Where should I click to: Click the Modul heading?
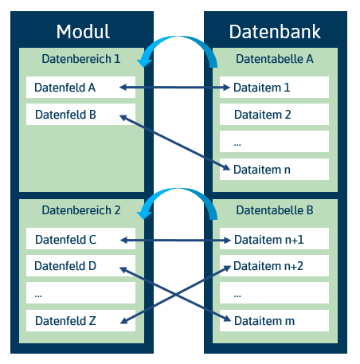[x=83, y=32]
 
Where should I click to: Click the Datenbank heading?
[x=275, y=32]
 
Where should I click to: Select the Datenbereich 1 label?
[x=81, y=59]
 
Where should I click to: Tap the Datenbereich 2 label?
[x=81, y=210]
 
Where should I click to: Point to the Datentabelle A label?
[x=275, y=59]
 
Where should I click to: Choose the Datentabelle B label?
[x=275, y=210]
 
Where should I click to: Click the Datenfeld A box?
[x=80, y=88]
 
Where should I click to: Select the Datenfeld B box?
[x=80, y=115]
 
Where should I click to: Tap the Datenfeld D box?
[x=80, y=266]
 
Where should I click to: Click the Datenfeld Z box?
[x=80, y=320]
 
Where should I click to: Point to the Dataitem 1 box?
[x=274, y=88]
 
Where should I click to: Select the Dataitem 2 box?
[x=274, y=115]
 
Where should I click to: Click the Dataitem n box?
[x=274, y=170]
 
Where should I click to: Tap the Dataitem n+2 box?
[x=274, y=266]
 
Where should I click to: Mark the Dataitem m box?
[x=274, y=320]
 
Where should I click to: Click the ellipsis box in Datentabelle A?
[x=274, y=142]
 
